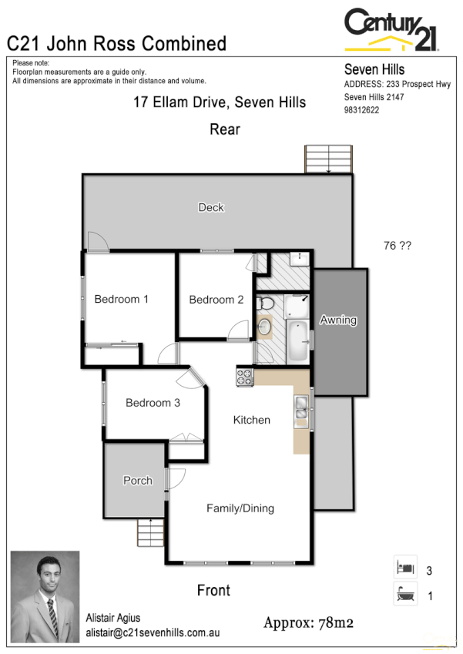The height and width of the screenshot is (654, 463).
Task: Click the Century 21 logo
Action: (x=391, y=29)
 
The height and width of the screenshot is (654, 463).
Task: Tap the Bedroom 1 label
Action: (x=121, y=299)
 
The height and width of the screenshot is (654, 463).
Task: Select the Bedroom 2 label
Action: (x=216, y=300)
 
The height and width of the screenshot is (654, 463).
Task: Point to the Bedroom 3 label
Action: (x=153, y=402)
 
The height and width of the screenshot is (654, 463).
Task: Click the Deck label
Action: (x=210, y=207)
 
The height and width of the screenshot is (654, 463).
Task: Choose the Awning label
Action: (x=338, y=320)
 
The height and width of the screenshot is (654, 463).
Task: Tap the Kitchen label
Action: (x=252, y=420)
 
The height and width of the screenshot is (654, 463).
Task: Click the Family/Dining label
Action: (x=240, y=508)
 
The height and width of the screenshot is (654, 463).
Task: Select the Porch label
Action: (x=138, y=481)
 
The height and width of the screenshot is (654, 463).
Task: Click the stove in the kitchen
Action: (x=244, y=377)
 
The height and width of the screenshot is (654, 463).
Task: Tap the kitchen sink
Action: (x=300, y=409)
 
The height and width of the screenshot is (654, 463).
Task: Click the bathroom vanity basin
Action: (x=264, y=326)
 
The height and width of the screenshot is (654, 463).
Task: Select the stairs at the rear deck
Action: (x=328, y=159)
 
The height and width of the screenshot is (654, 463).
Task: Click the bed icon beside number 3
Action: (x=405, y=568)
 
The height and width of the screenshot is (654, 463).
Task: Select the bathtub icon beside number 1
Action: (x=405, y=595)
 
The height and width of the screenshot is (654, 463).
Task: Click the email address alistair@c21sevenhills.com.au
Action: (x=153, y=632)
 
